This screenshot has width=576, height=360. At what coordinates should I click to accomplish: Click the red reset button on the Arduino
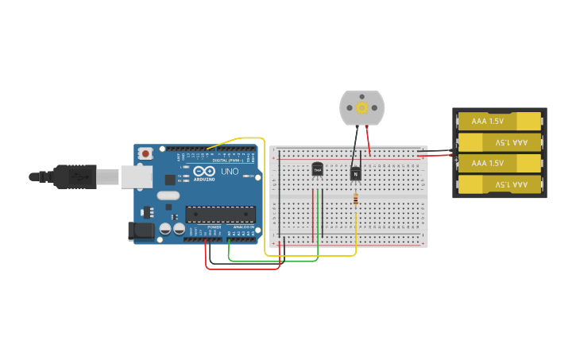point(145,153)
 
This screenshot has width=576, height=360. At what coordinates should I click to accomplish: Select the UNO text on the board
point(230,172)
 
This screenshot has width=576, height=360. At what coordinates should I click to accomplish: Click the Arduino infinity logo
point(204,172)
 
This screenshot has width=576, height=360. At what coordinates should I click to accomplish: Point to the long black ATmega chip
point(221,214)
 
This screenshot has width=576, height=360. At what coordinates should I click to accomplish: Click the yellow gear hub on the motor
point(361,107)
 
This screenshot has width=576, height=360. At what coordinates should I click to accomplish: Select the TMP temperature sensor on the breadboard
point(318,169)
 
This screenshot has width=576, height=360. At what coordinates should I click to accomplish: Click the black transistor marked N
point(356,172)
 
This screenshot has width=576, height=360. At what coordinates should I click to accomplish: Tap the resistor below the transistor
point(355,199)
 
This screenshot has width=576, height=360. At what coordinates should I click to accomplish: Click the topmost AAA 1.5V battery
point(499,121)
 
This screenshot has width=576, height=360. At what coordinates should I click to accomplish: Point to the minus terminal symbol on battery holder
point(456,145)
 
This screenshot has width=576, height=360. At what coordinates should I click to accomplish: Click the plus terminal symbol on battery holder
point(456,159)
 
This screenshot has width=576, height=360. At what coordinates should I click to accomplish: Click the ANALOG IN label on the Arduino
point(243,227)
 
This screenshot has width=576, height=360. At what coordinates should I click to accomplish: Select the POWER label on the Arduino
point(215,227)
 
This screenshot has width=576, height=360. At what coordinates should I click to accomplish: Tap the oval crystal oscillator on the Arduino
point(168,195)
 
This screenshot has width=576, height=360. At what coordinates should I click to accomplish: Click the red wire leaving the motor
point(368,141)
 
